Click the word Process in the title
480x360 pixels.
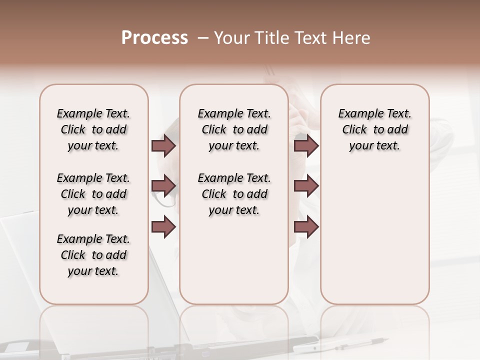click(154, 38)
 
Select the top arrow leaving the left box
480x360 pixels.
click(163, 146)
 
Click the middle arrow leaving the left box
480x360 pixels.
click(163, 186)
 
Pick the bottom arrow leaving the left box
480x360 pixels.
click(163, 226)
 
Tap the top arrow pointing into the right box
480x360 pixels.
click(306, 146)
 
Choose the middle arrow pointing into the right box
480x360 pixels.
click(306, 186)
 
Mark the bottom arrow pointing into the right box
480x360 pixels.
click(306, 227)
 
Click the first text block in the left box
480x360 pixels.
click(93, 129)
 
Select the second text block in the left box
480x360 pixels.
click(93, 194)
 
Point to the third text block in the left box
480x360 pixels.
click(93, 255)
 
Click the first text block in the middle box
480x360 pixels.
click(234, 129)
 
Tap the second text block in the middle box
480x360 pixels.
click(234, 194)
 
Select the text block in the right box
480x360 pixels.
click(374, 129)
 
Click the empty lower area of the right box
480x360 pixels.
click(374, 240)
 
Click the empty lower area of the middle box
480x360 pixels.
click(234, 265)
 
